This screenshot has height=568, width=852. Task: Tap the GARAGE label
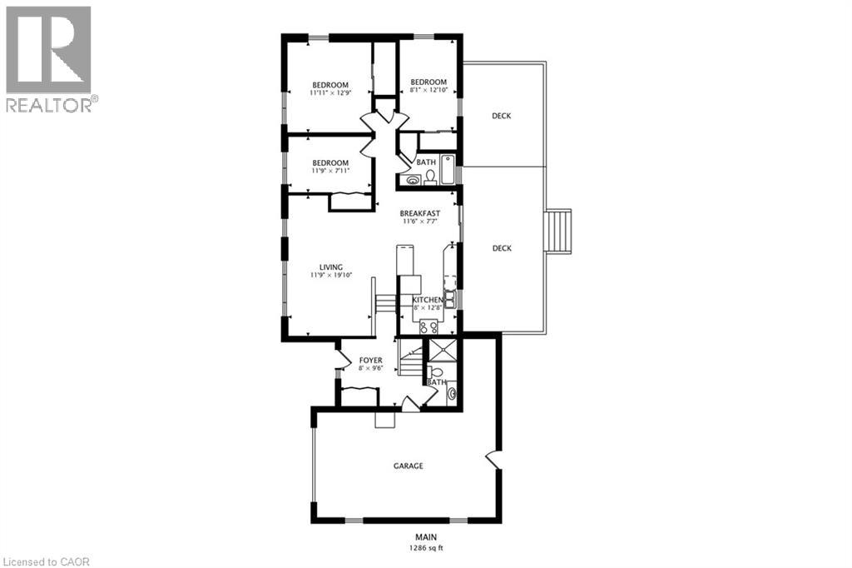pos(408,466)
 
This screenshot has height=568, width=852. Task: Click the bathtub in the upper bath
pos(448,170)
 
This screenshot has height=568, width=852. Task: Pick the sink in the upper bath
pos(414,178)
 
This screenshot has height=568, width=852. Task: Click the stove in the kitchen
pos(428,326)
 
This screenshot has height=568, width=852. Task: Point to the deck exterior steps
pos(559,231)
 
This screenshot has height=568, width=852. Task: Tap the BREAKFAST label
pos(419,213)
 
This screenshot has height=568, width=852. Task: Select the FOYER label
pos(370,361)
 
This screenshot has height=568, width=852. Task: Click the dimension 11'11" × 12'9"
pos(330,93)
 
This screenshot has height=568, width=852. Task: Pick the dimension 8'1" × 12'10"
pos(428,90)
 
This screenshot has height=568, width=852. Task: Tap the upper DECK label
pos(501,116)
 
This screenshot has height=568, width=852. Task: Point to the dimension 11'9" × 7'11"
pos(330,171)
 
